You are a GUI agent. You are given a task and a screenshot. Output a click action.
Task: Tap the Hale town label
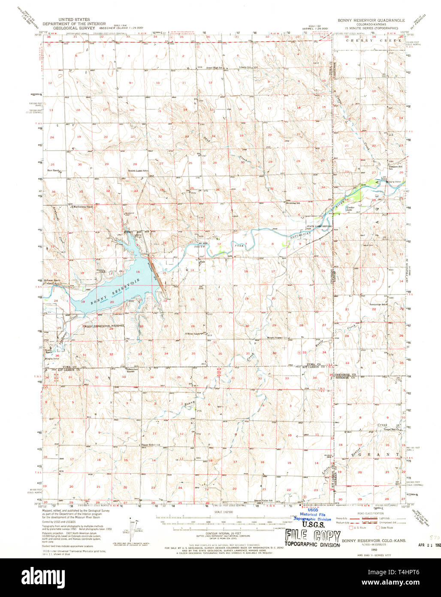tap(202, 262)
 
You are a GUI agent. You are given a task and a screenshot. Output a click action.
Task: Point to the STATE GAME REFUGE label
tap(319, 226)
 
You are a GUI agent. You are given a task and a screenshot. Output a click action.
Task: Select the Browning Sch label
tap(293, 202)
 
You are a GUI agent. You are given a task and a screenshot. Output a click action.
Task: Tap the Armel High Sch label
tap(214, 67)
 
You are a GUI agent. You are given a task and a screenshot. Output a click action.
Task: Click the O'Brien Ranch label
tap(192, 333)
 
